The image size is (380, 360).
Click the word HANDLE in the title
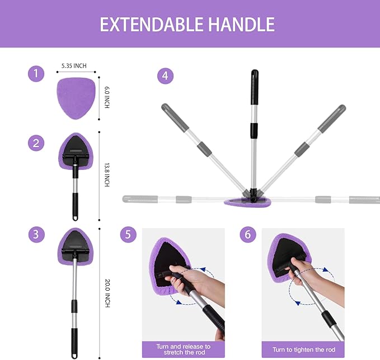(241, 24)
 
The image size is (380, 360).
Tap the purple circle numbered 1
(36, 74)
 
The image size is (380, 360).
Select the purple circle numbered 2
(36, 143)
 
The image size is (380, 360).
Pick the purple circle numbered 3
(36, 235)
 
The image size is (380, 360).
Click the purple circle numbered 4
(165, 75)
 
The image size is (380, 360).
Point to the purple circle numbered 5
(128, 235)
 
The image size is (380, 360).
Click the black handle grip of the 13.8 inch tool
(74, 206)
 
